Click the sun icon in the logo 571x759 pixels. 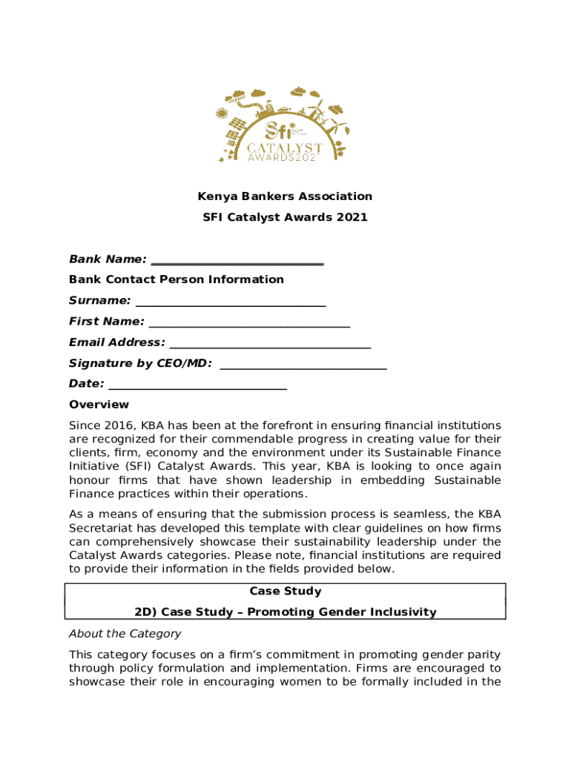[221, 113]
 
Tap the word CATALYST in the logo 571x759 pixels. [284, 148]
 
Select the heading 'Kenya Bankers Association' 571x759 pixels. [285, 196]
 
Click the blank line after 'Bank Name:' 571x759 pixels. [237, 260]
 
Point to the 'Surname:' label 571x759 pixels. [100, 301]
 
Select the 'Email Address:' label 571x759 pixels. [117, 342]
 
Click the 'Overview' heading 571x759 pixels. [99, 405]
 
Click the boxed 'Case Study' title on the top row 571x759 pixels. [285, 591]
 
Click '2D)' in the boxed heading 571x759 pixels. [145, 612]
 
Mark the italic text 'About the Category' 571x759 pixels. [125, 634]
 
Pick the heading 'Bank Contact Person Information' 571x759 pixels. [176, 279]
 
